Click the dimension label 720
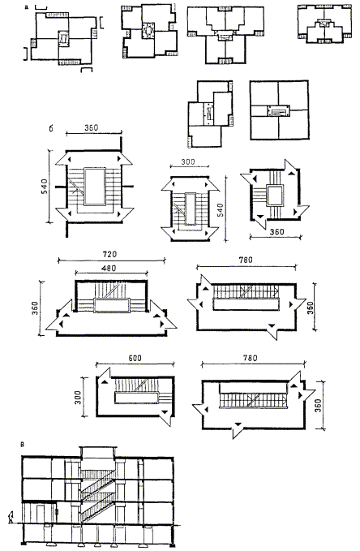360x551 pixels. (x=109, y=254)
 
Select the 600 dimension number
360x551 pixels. (x=135, y=358)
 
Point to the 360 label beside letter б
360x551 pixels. (x=92, y=128)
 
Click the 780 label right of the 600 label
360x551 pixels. (x=250, y=358)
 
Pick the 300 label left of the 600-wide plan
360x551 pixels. (x=78, y=397)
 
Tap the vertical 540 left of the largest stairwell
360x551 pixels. (x=45, y=187)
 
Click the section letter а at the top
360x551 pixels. (x=27, y=6)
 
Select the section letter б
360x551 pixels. (x=51, y=128)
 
